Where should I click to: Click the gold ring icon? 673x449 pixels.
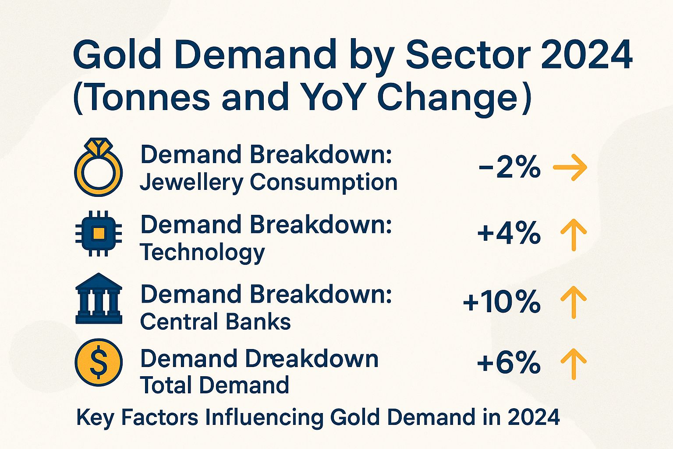(x=99, y=168)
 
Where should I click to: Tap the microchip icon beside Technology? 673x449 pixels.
(x=99, y=233)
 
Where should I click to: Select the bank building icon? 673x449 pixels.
(x=99, y=299)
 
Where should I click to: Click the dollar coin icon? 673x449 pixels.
(x=99, y=362)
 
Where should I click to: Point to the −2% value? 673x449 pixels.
(x=510, y=167)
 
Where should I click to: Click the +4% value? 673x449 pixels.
(x=509, y=233)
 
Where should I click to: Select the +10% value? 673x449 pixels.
(x=502, y=302)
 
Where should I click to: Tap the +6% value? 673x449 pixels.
(x=509, y=363)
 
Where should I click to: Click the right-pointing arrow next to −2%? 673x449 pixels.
(x=570, y=167)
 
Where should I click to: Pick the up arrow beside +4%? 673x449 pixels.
(x=574, y=235)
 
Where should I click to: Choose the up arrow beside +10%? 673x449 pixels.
(x=574, y=302)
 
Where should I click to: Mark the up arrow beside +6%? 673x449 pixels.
(x=574, y=363)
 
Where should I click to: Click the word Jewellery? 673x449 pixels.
(x=191, y=183)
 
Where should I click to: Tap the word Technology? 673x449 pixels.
(x=202, y=253)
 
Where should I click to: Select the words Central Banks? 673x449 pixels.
(x=216, y=322)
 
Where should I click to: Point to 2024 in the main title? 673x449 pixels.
(x=587, y=55)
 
